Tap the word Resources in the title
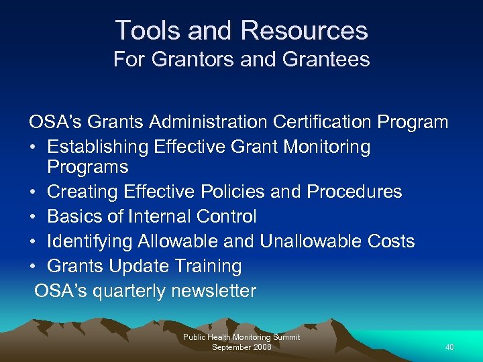304,31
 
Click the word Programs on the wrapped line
87,166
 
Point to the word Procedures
354,192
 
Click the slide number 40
449,347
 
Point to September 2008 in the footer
241,347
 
